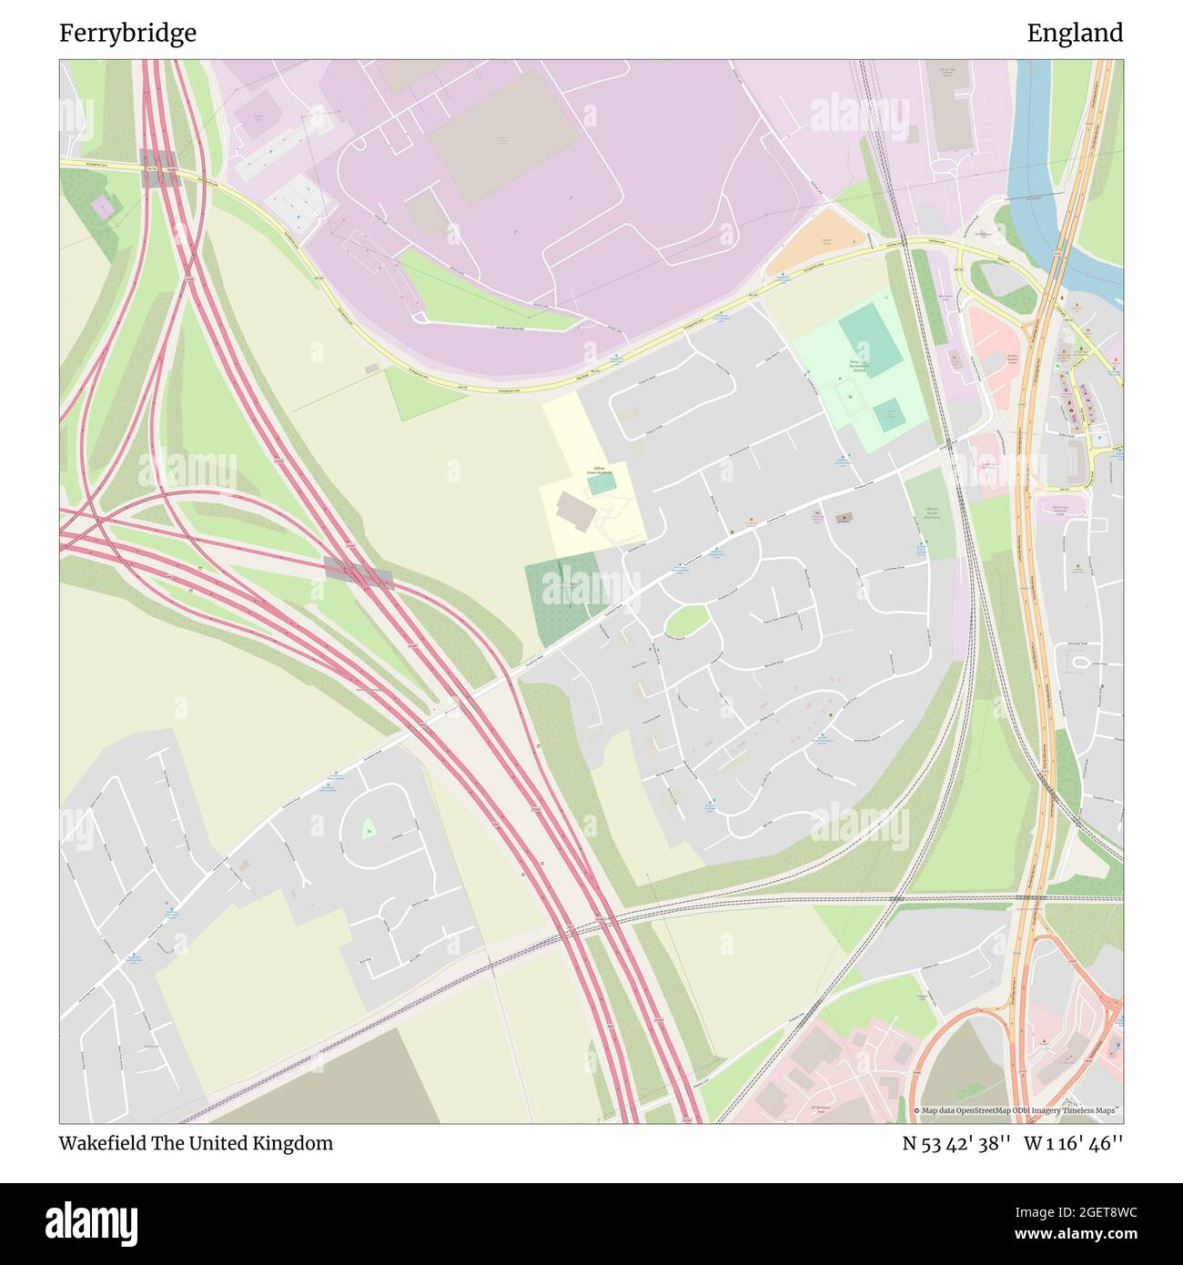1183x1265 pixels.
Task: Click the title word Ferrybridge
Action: (x=128, y=34)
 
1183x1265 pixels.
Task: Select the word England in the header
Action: (x=1075, y=34)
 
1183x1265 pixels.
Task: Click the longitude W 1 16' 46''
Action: (x=1074, y=1143)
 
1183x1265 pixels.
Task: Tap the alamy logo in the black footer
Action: (x=93, y=1219)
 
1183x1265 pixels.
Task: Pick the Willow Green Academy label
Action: (x=598, y=473)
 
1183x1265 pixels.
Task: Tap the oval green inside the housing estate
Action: (x=687, y=621)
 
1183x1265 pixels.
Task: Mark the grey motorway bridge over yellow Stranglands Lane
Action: (x=160, y=169)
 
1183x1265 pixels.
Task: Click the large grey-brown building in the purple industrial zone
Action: (x=502, y=137)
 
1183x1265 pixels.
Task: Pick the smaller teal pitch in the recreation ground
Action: (x=889, y=415)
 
